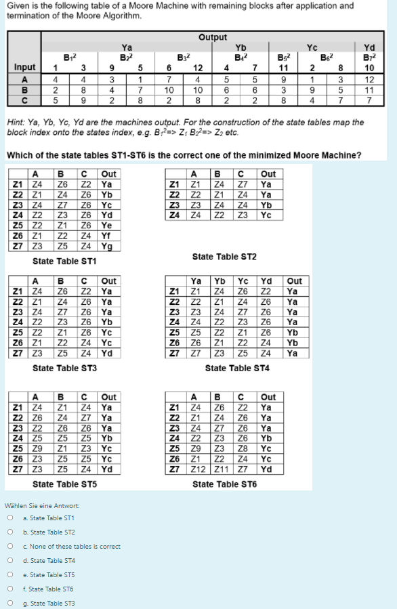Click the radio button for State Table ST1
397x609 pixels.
10,518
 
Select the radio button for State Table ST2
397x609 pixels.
10,532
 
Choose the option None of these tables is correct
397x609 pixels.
10,547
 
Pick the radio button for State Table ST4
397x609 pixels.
10,561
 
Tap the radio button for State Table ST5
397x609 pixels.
10,575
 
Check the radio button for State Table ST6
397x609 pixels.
10,589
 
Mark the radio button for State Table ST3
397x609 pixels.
10,604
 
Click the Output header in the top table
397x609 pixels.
213,37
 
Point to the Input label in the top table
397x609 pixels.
24,68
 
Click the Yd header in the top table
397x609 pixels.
369,47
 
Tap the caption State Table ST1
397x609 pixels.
64,261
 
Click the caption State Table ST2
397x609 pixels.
224,257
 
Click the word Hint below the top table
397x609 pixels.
16,123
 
